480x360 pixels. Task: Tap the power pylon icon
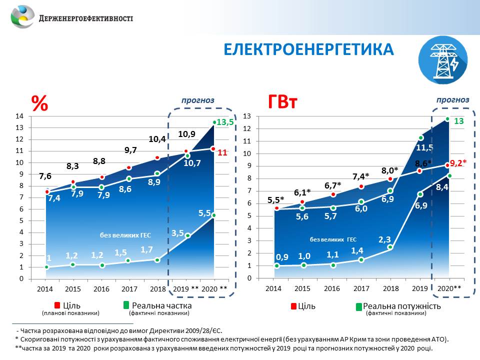click(x=443, y=61)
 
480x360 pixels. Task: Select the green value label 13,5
click(x=224, y=122)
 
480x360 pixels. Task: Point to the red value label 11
click(x=222, y=153)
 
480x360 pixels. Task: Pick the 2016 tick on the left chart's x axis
click(x=101, y=289)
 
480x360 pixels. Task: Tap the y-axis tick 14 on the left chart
click(x=20, y=116)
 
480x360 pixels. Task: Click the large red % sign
click(x=39, y=103)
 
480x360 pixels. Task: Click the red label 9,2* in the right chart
click(x=458, y=162)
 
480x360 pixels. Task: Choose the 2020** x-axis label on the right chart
click(x=449, y=289)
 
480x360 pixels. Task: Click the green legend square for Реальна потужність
click(x=358, y=306)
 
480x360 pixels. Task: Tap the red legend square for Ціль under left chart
click(x=58, y=305)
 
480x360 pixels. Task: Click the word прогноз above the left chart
click(x=197, y=100)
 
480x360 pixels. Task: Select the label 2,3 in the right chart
click(x=384, y=239)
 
